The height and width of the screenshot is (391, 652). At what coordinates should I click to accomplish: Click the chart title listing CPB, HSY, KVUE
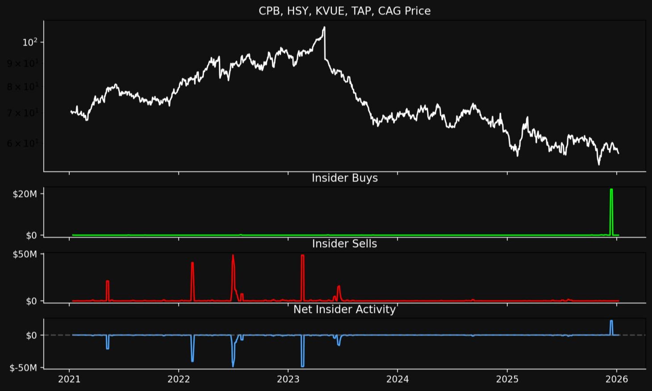[x=344, y=11]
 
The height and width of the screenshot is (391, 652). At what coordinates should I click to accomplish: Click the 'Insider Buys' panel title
[x=344, y=178]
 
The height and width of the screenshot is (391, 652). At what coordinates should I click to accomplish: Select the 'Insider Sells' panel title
[x=344, y=244]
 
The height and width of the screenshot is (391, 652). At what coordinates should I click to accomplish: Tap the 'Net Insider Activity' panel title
[x=344, y=309]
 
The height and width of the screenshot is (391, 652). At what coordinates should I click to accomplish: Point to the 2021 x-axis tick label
[x=69, y=379]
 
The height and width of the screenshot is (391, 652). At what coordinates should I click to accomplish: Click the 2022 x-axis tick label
[x=179, y=379]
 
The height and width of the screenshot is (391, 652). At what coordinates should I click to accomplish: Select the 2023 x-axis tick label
[x=288, y=379]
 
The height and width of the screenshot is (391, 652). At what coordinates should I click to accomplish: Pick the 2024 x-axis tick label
[x=397, y=379]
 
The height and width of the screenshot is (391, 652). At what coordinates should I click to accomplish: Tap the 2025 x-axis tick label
[x=507, y=379]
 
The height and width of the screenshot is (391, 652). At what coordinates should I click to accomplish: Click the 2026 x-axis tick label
[x=617, y=379]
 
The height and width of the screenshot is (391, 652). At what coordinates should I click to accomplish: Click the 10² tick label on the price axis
[x=33, y=42]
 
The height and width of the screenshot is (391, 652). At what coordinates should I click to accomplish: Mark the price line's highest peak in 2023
[x=324, y=27]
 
